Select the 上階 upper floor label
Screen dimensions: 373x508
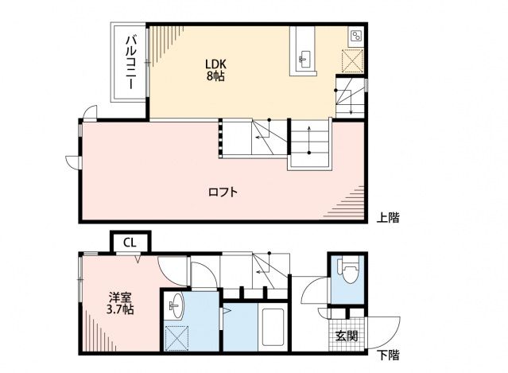tap(388, 217)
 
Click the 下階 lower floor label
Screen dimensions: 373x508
tap(388, 354)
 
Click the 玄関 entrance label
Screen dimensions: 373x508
tap(346, 336)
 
